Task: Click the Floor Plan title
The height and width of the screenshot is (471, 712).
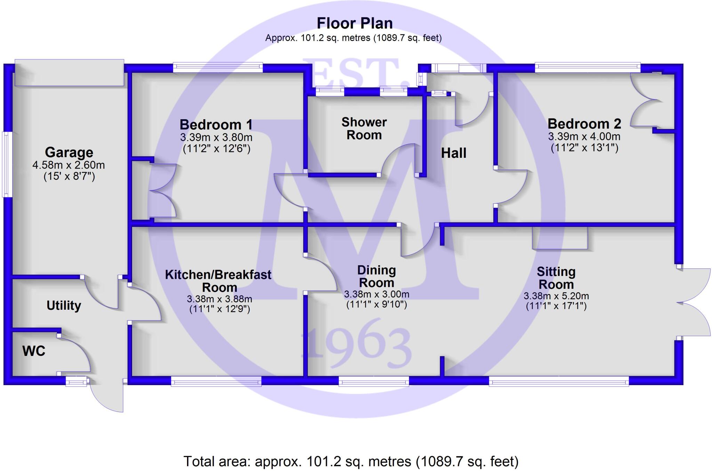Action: tap(355, 23)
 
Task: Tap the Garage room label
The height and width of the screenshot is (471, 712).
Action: tap(69, 153)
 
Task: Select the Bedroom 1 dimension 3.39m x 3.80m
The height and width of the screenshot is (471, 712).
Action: tap(216, 137)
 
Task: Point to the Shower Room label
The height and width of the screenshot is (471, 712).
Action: tap(364, 129)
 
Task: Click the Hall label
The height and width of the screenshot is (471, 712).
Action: tap(453, 153)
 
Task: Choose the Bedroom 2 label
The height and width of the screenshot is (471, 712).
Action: tap(584, 124)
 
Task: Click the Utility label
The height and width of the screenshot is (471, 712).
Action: tap(64, 306)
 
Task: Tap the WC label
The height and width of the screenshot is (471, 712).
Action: tap(34, 351)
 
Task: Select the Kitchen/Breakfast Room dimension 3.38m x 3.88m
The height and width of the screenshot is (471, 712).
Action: tap(219, 299)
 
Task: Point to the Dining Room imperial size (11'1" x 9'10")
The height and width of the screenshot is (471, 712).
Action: tap(377, 304)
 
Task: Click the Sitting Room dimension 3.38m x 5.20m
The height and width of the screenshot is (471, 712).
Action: tap(556, 296)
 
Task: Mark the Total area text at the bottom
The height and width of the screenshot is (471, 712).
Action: tap(351, 462)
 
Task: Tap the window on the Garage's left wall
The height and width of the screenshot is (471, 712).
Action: tap(7, 164)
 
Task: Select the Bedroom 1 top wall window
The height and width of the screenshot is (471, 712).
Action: tap(218, 67)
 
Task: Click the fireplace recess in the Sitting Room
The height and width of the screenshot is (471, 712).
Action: tap(560, 238)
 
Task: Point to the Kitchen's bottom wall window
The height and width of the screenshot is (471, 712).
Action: tap(216, 381)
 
